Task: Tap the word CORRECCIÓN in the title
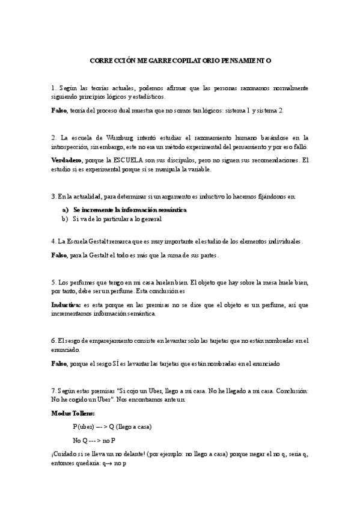tap(112, 61)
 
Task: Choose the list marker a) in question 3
tap(66, 210)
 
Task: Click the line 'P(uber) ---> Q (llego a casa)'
tap(112, 427)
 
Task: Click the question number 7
tap(54, 392)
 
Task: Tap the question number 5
tap(54, 281)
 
